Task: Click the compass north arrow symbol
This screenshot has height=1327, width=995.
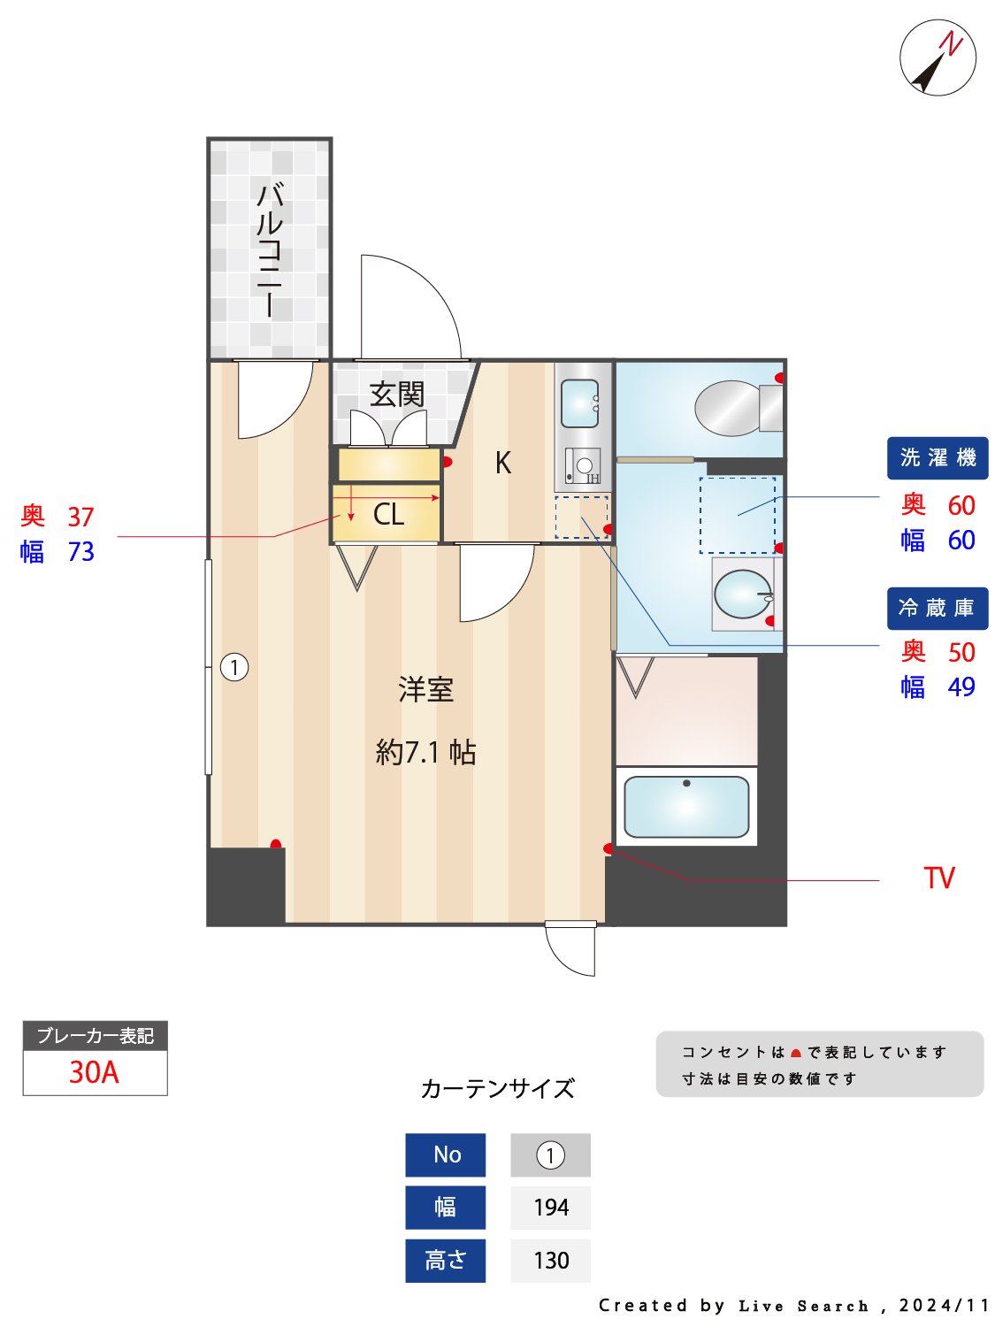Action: (x=938, y=58)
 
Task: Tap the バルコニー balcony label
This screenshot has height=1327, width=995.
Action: (x=269, y=249)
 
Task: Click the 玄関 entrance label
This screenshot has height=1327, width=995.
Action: (x=397, y=394)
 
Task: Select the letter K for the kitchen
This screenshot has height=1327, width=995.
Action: (x=502, y=463)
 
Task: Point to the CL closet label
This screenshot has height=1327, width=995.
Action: (x=388, y=514)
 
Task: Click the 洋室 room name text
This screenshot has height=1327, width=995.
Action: (x=425, y=689)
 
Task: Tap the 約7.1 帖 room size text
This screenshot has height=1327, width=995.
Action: (x=425, y=752)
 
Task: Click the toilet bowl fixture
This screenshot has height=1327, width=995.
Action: (x=730, y=408)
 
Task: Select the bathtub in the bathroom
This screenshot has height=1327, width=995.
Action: (x=686, y=806)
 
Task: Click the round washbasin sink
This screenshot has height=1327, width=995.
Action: (x=742, y=594)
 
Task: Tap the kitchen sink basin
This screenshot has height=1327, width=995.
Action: (x=580, y=403)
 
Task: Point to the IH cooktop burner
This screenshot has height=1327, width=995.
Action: (x=583, y=466)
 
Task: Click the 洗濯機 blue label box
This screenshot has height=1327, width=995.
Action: (x=937, y=457)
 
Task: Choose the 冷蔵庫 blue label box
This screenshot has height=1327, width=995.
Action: (x=937, y=608)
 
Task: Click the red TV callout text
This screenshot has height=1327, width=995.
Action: (x=939, y=878)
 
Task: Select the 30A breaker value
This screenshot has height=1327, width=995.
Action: (x=94, y=1072)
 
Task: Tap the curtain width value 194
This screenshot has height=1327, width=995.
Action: (x=550, y=1208)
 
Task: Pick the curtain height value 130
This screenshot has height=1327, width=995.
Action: (x=550, y=1260)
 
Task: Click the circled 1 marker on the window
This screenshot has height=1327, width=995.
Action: (x=234, y=667)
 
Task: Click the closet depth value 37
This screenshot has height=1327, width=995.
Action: (x=80, y=517)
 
